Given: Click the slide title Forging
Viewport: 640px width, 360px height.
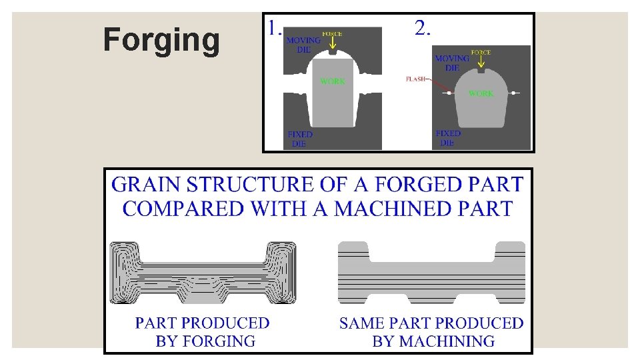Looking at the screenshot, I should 161,40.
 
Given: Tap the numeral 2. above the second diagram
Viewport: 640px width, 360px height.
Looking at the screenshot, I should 423,28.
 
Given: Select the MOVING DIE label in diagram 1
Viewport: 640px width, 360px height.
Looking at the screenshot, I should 303,45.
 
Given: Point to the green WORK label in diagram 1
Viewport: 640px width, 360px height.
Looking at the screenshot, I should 333,81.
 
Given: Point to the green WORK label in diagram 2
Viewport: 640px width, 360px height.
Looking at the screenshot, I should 481,93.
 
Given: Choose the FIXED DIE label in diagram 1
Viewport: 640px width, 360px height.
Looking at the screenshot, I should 300,139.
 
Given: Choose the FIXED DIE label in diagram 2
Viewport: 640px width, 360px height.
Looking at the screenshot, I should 448,138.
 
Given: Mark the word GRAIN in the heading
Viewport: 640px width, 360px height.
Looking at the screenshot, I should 145,184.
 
